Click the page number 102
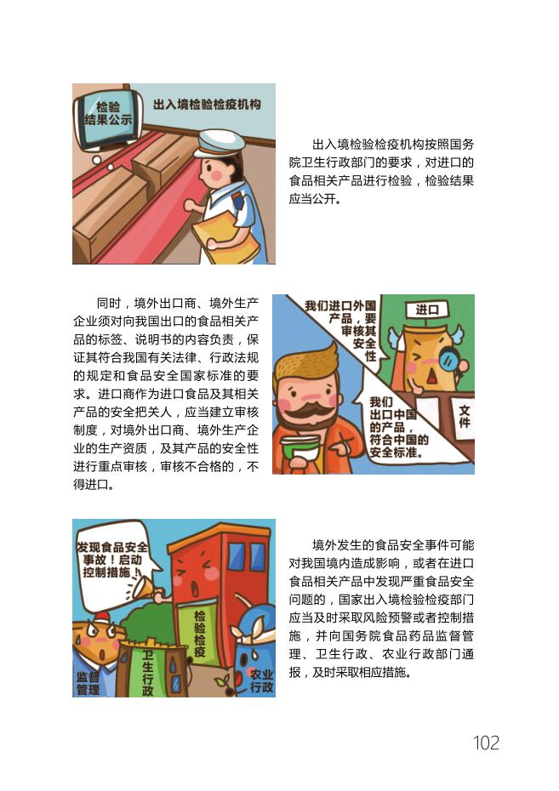[x=486, y=743]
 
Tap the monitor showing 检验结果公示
[x=108, y=118]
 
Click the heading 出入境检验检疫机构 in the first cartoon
[x=207, y=105]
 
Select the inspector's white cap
[x=219, y=143]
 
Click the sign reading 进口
[x=427, y=310]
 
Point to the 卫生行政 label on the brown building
[x=148, y=673]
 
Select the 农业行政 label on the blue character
[x=261, y=680]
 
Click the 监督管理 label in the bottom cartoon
[x=88, y=683]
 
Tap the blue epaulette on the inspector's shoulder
[x=237, y=202]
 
